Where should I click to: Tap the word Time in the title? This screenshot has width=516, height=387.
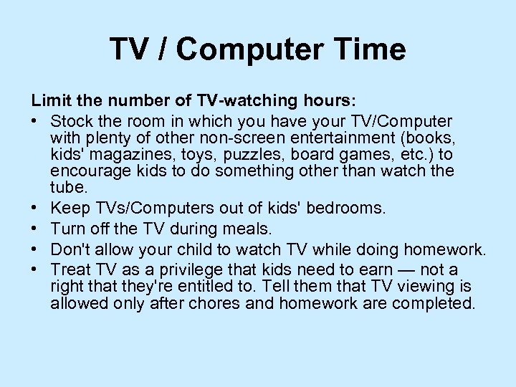(x=372, y=50)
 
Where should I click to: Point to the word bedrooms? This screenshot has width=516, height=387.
(x=346, y=209)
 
